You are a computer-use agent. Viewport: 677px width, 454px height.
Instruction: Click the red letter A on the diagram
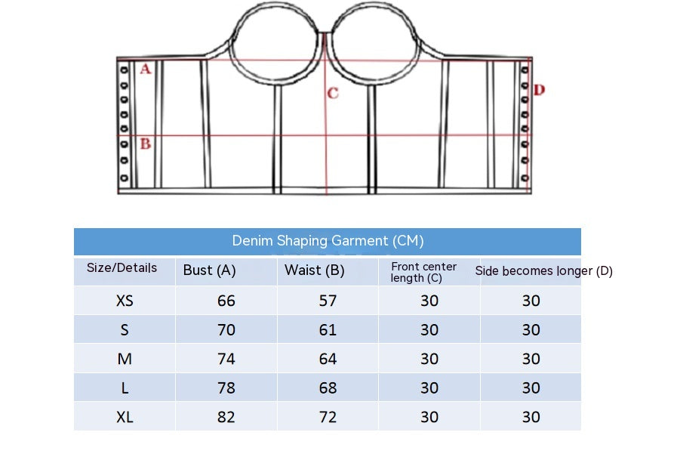coord(146,69)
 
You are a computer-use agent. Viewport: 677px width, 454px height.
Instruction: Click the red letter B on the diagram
coord(146,143)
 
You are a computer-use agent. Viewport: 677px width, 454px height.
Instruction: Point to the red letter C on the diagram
coord(333,94)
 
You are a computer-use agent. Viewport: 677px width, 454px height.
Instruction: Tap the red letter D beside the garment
coord(539,90)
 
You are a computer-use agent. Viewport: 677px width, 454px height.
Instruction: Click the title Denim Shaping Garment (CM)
coord(328,241)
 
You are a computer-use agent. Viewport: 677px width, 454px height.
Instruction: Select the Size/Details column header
coord(122,268)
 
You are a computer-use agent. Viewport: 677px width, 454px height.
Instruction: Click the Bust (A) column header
coord(210,270)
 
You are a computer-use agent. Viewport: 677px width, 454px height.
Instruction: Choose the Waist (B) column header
coord(314,270)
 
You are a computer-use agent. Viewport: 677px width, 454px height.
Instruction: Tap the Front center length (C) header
coord(423,272)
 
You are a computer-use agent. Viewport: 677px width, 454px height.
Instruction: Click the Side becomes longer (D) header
coord(543,270)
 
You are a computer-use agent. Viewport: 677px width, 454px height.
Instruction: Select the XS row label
coord(125,301)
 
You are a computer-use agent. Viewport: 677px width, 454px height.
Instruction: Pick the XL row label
coord(125,417)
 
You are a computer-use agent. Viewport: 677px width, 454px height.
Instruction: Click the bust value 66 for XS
coord(226,301)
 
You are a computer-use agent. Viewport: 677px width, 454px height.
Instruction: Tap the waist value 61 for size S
coord(328,330)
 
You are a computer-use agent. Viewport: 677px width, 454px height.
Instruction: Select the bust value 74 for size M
coord(226,359)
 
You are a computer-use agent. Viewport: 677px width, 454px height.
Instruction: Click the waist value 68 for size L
coord(328,388)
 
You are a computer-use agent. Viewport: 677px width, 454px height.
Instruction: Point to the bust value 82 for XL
coord(226,417)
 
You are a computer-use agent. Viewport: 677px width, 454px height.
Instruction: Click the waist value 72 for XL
coord(328,417)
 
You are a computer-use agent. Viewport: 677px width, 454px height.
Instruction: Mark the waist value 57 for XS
coord(328,301)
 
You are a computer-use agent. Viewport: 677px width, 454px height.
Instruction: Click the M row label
coord(125,359)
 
